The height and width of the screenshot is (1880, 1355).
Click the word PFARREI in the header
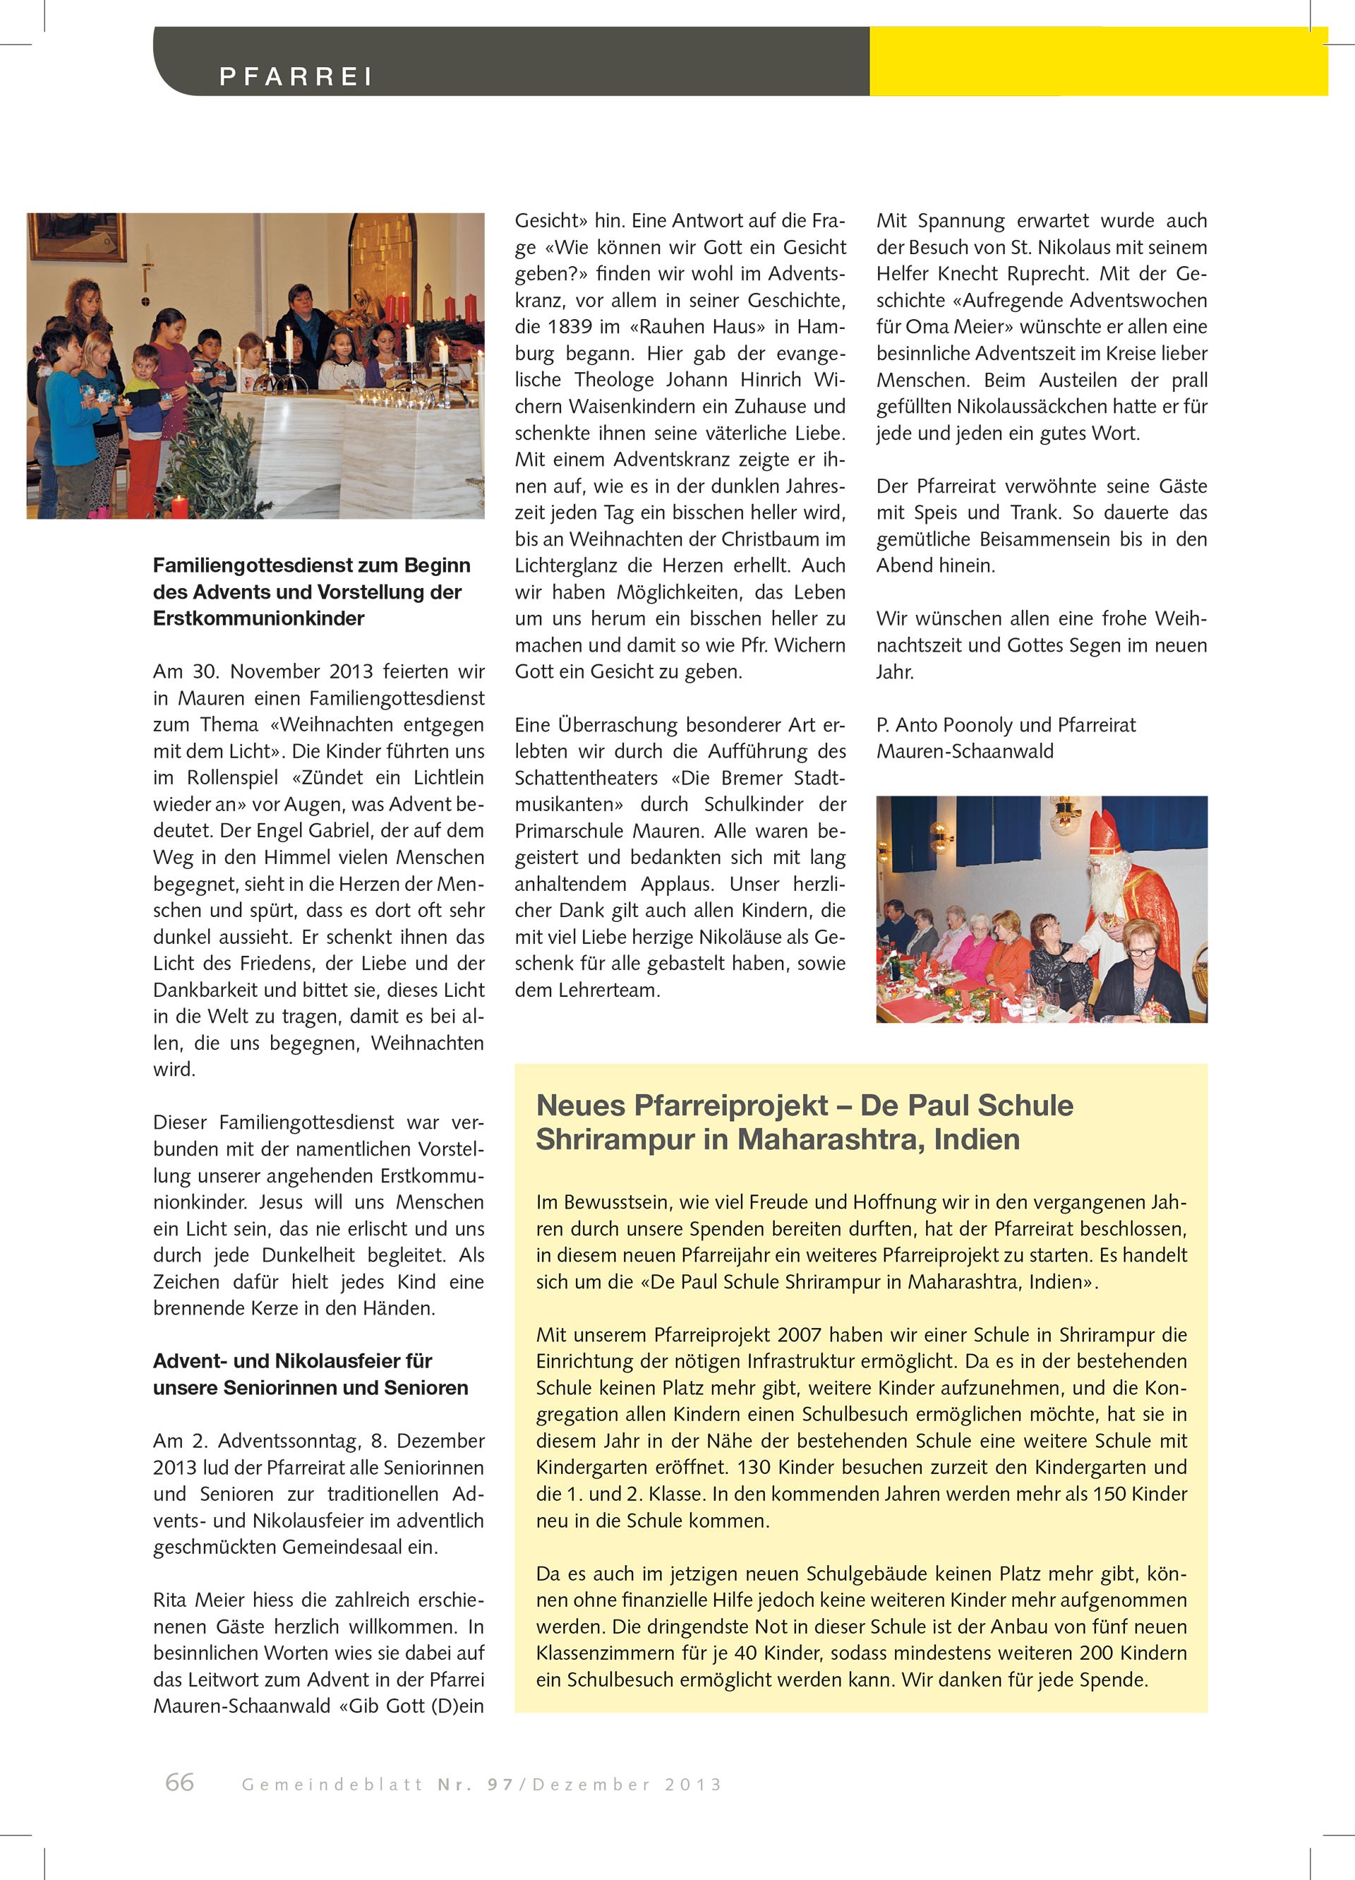click(296, 77)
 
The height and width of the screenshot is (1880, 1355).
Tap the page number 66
click(180, 1782)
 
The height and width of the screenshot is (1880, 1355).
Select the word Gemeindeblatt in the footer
click(332, 1785)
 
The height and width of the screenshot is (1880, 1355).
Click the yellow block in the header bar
click(1097, 62)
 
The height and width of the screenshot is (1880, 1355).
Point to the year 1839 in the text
click(570, 327)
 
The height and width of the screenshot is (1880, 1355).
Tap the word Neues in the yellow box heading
click(580, 1106)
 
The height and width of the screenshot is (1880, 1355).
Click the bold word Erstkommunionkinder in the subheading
click(258, 618)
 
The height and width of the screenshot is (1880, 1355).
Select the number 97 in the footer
click(500, 1785)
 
